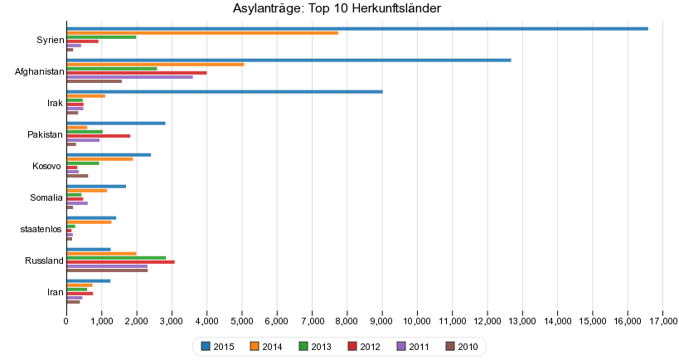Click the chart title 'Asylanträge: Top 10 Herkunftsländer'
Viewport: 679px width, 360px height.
tap(337, 8)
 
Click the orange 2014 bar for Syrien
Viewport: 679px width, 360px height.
tap(202, 32)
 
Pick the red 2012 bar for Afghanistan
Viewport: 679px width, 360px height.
tap(137, 73)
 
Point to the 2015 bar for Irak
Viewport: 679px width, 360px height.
tap(224, 91)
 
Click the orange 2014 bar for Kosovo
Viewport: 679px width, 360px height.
tap(99, 158)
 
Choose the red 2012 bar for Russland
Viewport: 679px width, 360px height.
tap(120, 262)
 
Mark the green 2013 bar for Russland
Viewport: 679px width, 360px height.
tap(116, 257)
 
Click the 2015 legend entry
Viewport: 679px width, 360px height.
tap(217, 346)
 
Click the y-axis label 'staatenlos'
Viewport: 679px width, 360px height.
tap(42, 230)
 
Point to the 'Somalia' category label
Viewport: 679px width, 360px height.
tap(46, 198)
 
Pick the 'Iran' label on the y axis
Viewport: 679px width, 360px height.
tap(55, 293)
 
